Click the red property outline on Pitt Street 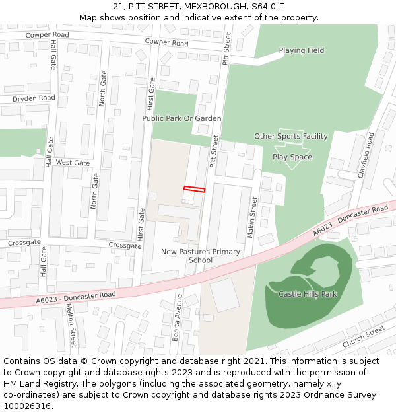tap(194, 189)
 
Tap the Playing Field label tap(301, 50)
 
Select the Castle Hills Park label tap(308, 293)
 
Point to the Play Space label tap(292, 157)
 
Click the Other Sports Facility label tap(291, 136)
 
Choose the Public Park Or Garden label tap(181, 118)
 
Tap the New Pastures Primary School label tap(201, 256)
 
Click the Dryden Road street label tap(34, 98)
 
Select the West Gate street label tap(73, 163)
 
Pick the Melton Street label tap(73, 328)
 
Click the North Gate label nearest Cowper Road tap(103, 89)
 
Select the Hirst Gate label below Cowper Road tap(152, 94)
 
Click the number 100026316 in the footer tap(26, 406)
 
